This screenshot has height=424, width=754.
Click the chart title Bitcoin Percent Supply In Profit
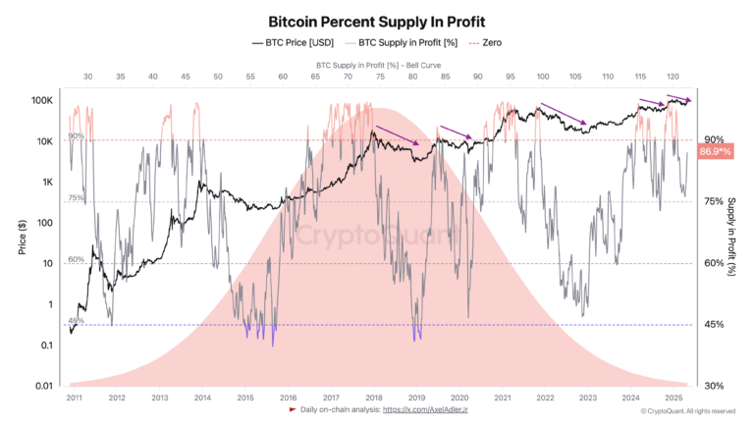[x=376, y=20]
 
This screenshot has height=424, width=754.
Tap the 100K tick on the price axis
[x=40, y=100]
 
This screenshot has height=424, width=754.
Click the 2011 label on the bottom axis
[x=74, y=397]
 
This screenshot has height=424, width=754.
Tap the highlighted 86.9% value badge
[x=716, y=152]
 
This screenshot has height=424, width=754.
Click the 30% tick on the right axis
[x=713, y=386]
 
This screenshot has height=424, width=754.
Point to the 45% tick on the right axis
[x=713, y=325]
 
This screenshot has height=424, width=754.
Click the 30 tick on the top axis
[x=87, y=76]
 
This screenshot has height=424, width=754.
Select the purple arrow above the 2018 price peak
[x=399, y=133]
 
